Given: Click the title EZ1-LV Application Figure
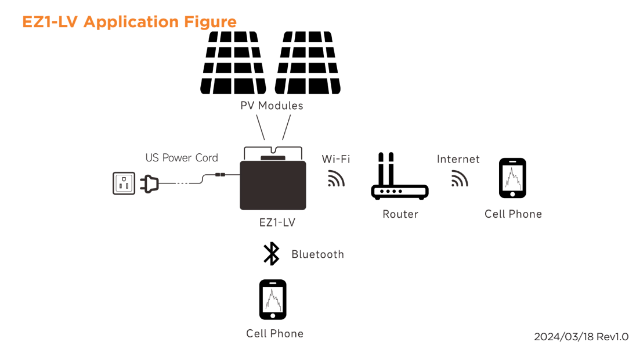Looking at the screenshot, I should [x=129, y=22].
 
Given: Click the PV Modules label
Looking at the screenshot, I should [x=272, y=106].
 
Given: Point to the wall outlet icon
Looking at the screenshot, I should [x=124, y=183].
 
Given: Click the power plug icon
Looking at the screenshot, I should [x=149, y=184].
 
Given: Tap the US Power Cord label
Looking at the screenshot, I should [x=182, y=158].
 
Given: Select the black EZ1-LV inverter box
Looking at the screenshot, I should [x=273, y=185].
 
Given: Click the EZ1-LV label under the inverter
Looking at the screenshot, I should [x=277, y=222].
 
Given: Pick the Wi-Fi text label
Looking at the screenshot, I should [x=336, y=159].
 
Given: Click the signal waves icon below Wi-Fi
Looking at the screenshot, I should [x=336, y=178].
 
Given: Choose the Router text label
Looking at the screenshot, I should [x=400, y=214].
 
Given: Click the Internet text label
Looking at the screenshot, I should [x=458, y=159].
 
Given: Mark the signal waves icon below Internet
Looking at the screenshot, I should [x=460, y=178].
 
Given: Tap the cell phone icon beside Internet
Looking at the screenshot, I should [x=512, y=178].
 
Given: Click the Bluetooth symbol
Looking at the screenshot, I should [x=271, y=254].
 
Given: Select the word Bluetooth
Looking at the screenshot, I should [x=317, y=254].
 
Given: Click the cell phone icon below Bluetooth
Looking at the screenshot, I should [x=273, y=300].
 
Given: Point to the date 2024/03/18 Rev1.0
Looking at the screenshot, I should [x=581, y=337].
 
